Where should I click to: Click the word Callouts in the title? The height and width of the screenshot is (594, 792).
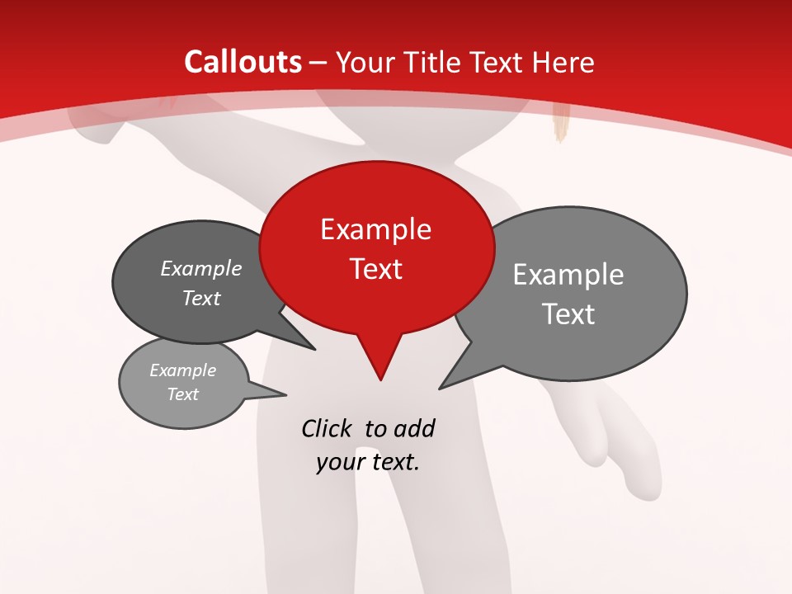click(x=243, y=62)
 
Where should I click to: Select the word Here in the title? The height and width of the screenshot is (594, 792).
click(x=563, y=62)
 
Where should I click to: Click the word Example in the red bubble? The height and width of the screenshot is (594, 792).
click(x=375, y=229)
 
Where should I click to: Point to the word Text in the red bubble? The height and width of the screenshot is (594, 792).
click(x=375, y=268)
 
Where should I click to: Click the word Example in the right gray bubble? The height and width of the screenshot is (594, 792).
click(x=568, y=275)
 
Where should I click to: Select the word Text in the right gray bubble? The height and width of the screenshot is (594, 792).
click(x=568, y=314)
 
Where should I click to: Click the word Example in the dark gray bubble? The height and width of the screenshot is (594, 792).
click(x=201, y=268)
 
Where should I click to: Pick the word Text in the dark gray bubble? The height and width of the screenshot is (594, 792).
click(x=201, y=298)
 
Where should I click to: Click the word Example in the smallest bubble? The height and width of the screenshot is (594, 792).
click(x=182, y=370)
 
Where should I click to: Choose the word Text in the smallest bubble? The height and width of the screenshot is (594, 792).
click(x=182, y=394)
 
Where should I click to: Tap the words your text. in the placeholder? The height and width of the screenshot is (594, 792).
click(x=367, y=462)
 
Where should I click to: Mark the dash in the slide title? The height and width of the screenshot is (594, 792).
click(x=319, y=63)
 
